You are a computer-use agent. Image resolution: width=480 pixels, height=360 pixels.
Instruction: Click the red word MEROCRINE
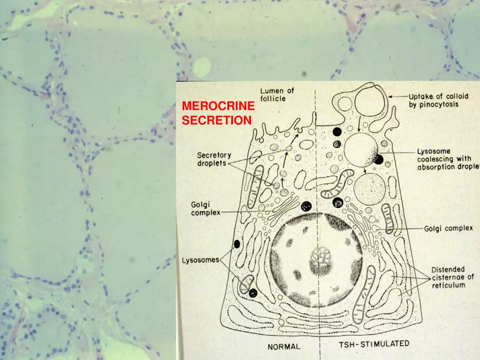pos(218,106)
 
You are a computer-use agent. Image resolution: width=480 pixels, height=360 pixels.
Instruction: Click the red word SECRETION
pos(217,121)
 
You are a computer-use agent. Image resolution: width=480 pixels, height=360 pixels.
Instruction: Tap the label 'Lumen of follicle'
pos(277,94)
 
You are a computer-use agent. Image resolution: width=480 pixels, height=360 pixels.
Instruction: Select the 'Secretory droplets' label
pos(214,159)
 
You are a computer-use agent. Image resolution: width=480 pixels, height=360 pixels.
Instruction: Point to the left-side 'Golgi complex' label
pos(206,208)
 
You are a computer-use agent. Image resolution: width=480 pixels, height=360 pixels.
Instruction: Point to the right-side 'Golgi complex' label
pos(448,229)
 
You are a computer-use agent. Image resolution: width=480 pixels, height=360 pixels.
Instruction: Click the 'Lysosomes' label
pos(201,260)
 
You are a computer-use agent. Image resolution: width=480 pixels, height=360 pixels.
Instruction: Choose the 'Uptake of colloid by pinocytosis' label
pos(439,100)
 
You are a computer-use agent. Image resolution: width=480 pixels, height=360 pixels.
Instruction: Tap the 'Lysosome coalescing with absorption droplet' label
pos(448,159)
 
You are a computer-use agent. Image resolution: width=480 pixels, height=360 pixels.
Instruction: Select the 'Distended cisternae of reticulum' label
pos(452,277)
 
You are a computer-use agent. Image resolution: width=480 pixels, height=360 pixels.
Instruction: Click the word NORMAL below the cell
pos(284,347)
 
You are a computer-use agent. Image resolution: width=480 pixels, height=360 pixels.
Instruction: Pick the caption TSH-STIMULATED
pos(374,344)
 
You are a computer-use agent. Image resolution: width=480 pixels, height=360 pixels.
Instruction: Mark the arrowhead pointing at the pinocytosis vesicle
pos(391,97)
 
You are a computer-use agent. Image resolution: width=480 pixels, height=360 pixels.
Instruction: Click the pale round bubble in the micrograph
pos(202,67)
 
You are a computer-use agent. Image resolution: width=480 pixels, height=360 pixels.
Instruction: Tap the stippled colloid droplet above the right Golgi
pos(369,188)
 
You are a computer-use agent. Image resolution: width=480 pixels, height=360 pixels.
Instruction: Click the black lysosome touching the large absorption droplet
pos(379,159)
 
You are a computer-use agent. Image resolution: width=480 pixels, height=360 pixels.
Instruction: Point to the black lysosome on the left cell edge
pos(237,244)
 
